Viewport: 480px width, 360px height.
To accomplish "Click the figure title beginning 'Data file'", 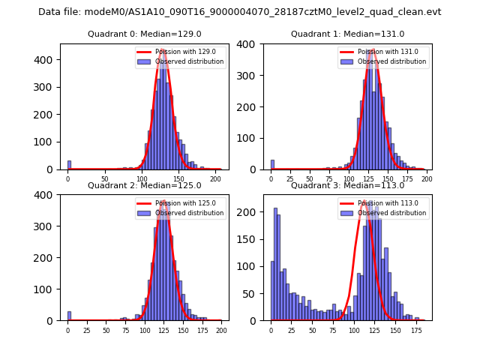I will (x=240, y=12).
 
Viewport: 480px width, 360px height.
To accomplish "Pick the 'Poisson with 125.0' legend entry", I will (x=180, y=203).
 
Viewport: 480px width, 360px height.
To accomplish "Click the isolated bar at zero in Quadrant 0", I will (x=69, y=165).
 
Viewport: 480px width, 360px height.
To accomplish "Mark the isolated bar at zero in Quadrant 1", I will (x=272, y=165).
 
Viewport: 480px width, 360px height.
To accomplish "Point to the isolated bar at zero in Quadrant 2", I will (x=69, y=316).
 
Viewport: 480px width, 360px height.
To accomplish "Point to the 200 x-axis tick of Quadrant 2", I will (x=220, y=330).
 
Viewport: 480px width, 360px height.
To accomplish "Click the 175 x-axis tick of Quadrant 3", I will (x=415, y=330).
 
